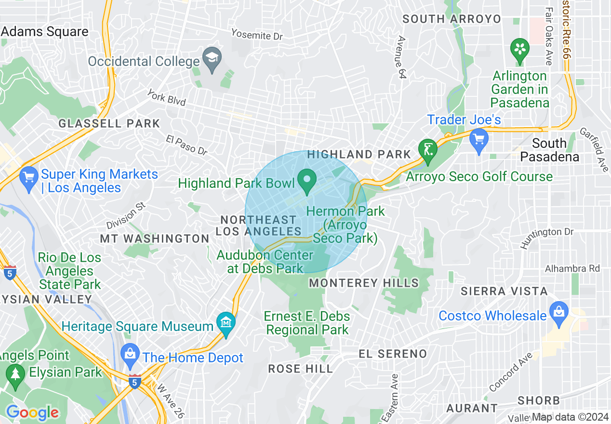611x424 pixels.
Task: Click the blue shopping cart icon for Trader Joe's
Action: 478,139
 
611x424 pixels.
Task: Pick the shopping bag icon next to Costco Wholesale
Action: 559,310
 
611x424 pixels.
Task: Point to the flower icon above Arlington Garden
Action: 520,49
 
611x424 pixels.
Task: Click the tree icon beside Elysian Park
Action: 15,373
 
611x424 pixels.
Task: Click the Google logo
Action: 32,412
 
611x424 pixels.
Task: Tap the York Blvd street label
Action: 166,98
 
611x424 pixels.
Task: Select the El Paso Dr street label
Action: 186,145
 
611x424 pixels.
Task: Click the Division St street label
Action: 126,215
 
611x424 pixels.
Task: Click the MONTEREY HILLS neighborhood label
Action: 364,283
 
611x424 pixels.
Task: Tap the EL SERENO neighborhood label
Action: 393,354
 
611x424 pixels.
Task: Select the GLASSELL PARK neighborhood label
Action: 109,123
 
